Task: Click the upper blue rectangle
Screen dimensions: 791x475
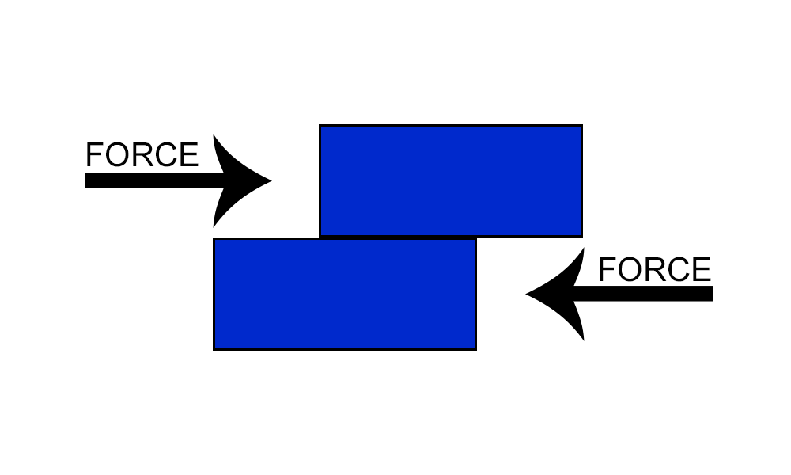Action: click(x=451, y=180)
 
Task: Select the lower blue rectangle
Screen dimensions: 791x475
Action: click(x=345, y=294)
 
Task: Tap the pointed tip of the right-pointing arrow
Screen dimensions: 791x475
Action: click(x=270, y=180)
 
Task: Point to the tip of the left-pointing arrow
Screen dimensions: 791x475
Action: click(x=528, y=294)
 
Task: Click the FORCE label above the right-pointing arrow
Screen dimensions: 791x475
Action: click(x=142, y=155)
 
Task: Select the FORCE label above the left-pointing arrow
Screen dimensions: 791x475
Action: click(x=654, y=270)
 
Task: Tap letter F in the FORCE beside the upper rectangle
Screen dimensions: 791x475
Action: click(x=93, y=155)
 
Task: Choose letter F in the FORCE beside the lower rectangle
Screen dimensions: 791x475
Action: click(x=606, y=270)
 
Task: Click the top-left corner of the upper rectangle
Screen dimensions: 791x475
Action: click(x=320, y=126)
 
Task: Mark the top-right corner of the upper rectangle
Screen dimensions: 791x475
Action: click(x=581, y=126)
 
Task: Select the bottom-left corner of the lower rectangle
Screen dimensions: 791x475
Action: click(x=214, y=348)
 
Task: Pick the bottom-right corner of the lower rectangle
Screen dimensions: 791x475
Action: click(x=475, y=348)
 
